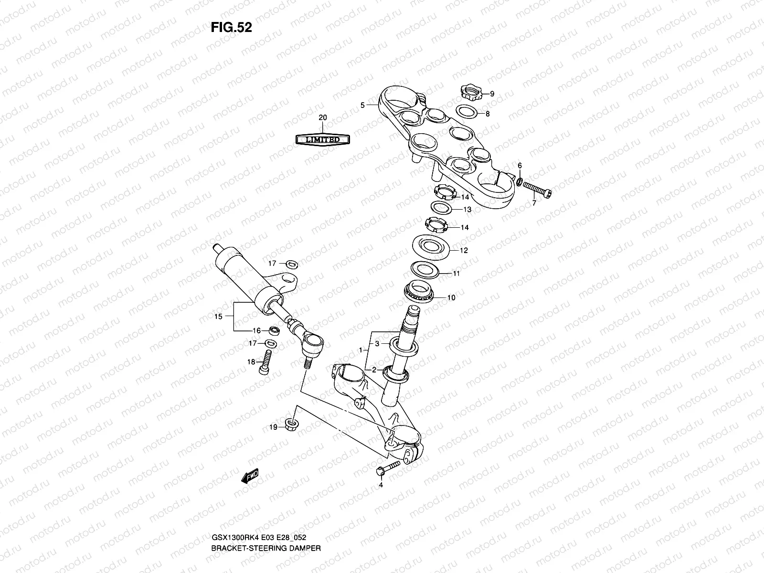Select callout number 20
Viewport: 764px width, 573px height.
tap(323, 117)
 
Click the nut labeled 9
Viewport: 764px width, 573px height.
tap(470, 90)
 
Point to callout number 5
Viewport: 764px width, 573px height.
tap(362, 105)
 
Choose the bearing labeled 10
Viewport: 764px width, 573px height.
tap(423, 290)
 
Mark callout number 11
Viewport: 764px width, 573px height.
tap(456, 274)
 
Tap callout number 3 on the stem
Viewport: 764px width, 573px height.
tap(376, 344)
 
